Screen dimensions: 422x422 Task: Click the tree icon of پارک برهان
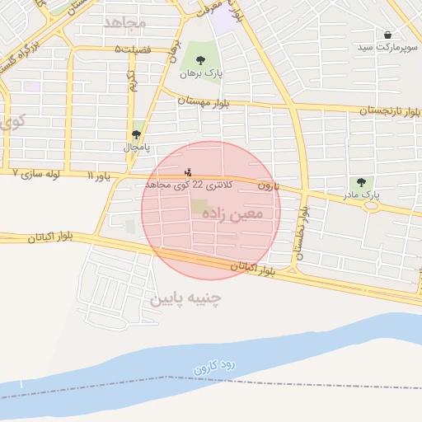[200, 59]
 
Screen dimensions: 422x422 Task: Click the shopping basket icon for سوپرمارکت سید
[388, 35]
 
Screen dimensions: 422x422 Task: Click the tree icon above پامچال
[136, 134]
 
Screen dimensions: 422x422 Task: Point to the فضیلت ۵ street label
[134, 50]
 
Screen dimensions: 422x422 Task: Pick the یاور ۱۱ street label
[100, 176]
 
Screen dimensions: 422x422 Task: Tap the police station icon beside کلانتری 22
[189, 173]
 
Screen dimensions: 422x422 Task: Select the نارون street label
[269, 186]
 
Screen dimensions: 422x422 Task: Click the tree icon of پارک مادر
[359, 182]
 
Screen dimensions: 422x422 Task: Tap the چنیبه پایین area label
[186, 298]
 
